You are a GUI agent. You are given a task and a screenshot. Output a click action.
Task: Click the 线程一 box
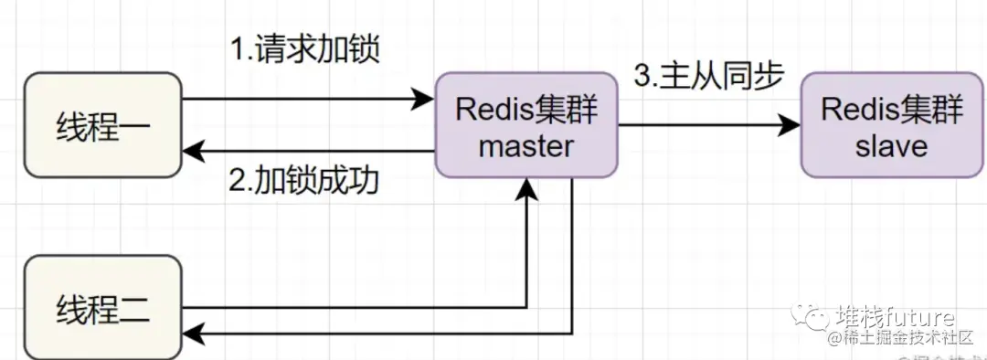[x=102, y=125]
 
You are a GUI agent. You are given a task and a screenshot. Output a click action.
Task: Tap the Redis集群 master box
[x=526, y=127]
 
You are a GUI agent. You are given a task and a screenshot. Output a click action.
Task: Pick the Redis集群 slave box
[x=892, y=127]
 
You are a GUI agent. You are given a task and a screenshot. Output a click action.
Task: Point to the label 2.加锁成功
[x=304, y=180]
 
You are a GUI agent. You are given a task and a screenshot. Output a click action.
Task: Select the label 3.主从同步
[x=709, y=77]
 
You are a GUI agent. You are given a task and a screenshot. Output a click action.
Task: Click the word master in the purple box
[x=526, y=145]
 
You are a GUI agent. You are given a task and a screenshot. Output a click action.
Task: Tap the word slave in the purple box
[x=892, y=145]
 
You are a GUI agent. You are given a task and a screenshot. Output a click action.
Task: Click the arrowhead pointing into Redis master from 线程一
[x=422, y=99]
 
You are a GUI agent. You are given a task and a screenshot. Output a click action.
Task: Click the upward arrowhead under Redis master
[x=527, y=189]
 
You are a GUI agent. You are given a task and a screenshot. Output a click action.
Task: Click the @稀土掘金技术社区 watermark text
[x=901, y=339]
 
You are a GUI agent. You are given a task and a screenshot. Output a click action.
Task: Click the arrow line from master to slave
[x=704, y=126]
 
